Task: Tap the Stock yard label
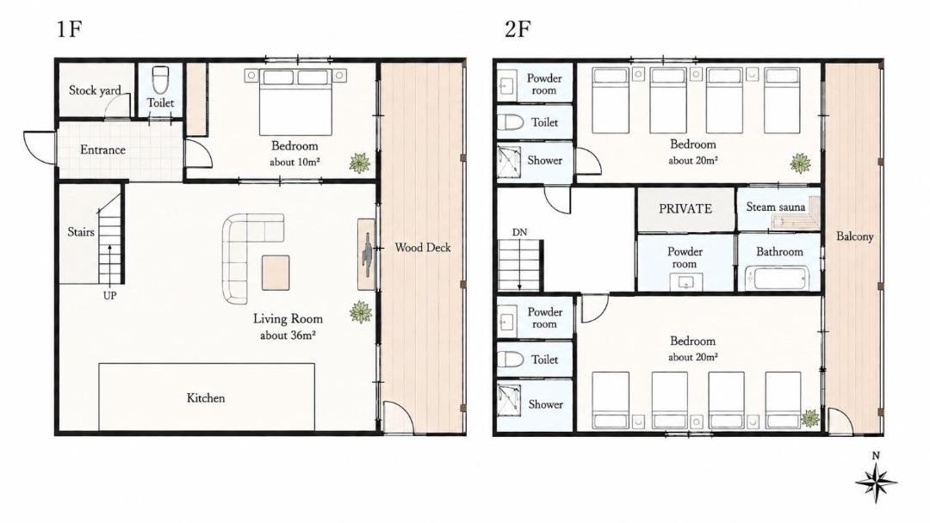click(x=95, y=90)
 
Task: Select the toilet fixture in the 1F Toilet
click(x=160, y=80)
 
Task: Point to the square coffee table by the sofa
click(x=276, y=273)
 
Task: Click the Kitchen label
click(x=206, y=398)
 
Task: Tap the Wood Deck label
click(x=422, y=248)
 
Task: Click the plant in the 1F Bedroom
click(x=359, y=163)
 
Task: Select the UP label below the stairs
click(x=109, y=296)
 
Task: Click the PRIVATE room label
click(x=685, y=208)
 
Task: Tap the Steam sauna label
click(x=775, y=206)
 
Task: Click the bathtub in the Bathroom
click(x=777, y=278)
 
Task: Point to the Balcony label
click(x=855, y=237)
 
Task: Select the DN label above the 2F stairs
click(x=519, y=232)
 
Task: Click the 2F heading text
click(x=518, y=28)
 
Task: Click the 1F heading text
click(x=69, y=28)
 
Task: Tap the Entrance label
click(x=102, y=150)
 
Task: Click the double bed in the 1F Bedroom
click(x=295, y=102)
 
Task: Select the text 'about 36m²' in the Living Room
click(x=288, y=335)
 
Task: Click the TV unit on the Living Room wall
click(x=367, y=254)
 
